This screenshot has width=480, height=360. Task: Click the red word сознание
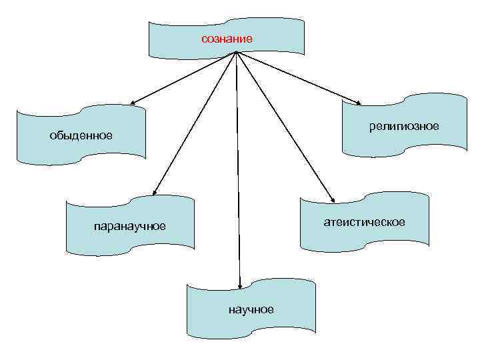(227, 39)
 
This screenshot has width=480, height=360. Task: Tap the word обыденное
(81, 136)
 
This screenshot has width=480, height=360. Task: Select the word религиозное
(404, 126)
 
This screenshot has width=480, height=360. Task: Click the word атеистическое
(364, 222)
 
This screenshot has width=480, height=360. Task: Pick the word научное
(251, 309)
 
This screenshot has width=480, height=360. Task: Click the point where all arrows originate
(236, 53)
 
